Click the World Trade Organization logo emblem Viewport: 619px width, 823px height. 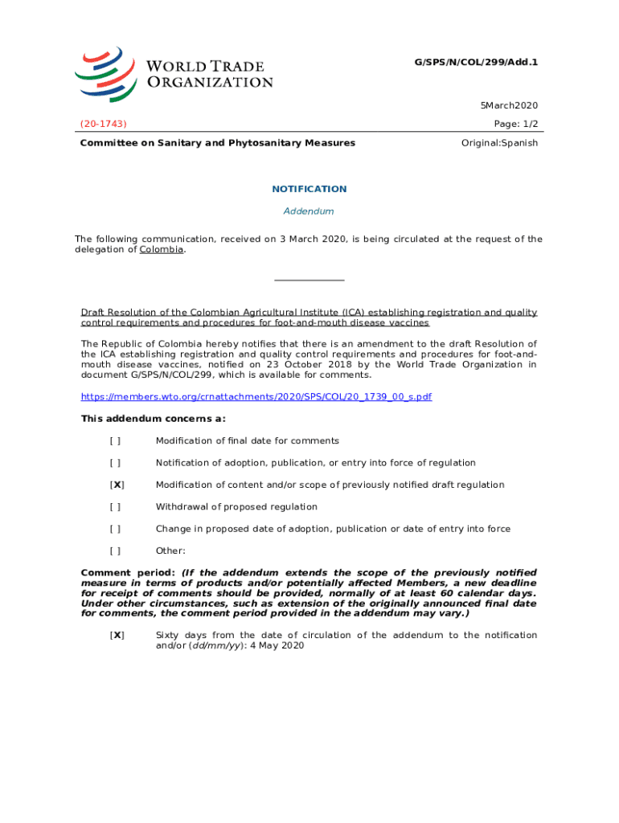[x=106, y=72]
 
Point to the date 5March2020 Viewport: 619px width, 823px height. [x=509, y=105]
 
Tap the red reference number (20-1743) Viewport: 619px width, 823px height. [x=103, y=123]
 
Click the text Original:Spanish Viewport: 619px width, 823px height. [x=499, y=143]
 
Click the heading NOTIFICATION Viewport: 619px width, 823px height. [x=309, y=189]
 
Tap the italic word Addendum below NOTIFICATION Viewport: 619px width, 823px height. [x=309, y=211]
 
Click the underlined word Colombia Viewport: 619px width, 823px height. [x=162, y=249]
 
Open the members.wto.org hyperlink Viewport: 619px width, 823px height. [x=256, y=397]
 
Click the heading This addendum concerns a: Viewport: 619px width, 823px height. [x=154, y=419]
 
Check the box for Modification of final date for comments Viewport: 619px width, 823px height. [x=116, y=441]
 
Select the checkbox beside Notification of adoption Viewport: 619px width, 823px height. [x=116, y=463]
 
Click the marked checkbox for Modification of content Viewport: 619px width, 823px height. [x=117, y=485]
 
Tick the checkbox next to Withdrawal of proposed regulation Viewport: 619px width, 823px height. [x=116, y=507]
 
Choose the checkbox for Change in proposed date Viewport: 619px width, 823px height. [x=116, y=529]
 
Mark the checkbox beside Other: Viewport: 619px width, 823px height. [x=116, y=551]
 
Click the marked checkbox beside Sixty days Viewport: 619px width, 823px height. [x=117, y=635]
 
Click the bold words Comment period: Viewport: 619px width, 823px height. [x=129, y=572]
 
